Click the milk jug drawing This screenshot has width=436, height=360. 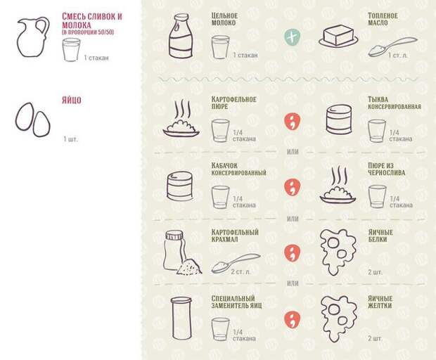click(33, 37)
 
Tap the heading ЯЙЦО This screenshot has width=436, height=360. click(72, 100)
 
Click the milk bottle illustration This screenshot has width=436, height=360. click(181, 36)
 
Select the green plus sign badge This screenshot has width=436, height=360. click(293, 37)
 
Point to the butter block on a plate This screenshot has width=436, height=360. click(338, 37)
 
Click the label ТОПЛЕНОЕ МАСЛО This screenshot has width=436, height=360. click(383, 19)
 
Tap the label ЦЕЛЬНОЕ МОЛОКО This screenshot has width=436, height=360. click(224, 19)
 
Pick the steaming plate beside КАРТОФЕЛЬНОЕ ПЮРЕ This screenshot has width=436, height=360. click(181, 120)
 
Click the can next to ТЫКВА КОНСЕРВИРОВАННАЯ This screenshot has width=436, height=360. click(339, 120)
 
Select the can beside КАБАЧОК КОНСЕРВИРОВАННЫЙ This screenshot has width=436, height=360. click(180, 186)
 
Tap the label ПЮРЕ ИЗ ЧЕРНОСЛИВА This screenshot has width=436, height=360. click(386, 169)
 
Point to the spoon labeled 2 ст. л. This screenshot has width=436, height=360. click(236, 263)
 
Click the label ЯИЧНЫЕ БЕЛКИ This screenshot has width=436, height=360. click(380, 236)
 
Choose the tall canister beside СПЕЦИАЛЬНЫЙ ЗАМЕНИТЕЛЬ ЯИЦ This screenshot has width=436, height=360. click(181, 318)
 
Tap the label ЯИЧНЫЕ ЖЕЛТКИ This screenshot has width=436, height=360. click(380, 302)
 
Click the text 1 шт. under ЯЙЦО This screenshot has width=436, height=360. click(70, 139)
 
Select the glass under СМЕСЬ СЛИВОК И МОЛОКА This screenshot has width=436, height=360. click(71, 49)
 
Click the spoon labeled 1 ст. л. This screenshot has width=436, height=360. click(392, 47)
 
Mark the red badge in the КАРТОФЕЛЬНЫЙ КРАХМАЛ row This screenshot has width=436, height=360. click(293, 253)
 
